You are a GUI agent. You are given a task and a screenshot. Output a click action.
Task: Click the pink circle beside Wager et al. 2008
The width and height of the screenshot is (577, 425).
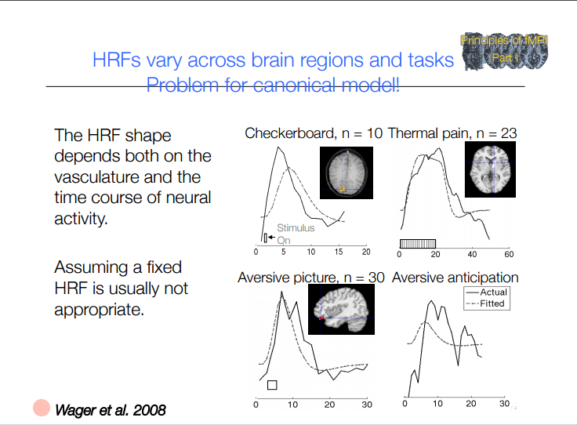pos(41,408)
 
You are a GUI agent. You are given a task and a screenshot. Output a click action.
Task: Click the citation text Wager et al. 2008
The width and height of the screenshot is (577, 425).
pos(110,409)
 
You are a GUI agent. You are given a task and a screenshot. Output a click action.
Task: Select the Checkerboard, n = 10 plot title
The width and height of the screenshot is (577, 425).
pos(314,133)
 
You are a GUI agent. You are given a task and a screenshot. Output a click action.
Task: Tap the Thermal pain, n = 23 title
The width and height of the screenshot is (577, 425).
pos(452,133)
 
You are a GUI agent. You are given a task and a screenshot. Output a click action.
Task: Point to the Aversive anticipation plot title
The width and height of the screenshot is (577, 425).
pos(455,278)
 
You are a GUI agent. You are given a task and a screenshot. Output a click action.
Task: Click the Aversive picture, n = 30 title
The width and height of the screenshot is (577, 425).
pos(310,278)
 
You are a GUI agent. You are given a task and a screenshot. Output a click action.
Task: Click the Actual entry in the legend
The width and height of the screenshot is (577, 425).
pos(494,292)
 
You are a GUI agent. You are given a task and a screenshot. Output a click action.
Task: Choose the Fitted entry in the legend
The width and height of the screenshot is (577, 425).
pos(493,303)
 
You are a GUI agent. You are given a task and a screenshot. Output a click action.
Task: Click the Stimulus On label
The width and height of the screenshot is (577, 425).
pos(295,234)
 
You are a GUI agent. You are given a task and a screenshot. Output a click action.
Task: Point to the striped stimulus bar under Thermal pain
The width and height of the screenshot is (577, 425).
pos(418,243)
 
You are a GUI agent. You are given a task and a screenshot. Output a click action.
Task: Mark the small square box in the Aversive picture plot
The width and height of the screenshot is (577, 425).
pos(272,385)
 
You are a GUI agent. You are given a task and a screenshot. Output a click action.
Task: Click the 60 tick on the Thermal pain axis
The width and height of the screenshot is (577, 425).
pos(509,255)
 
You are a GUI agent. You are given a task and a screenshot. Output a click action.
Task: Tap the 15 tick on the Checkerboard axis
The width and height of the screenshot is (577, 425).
pos(339,252)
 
